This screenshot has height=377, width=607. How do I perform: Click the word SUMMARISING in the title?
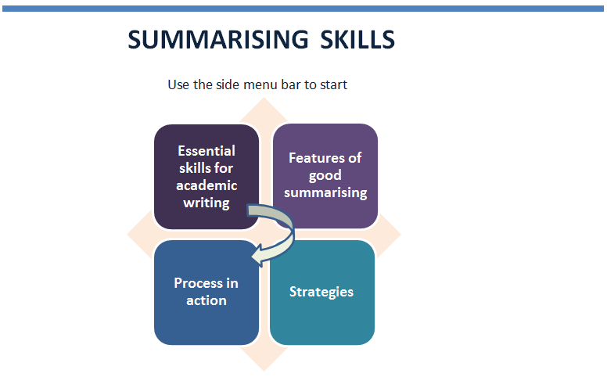(x=218, y=39)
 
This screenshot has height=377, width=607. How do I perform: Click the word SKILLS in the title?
(x=357, y=39)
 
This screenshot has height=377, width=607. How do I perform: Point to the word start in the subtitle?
(x=333, y=84)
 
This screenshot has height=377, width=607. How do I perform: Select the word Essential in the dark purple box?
(x=207, y=151)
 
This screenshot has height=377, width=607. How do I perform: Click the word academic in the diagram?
(x=207, y=185)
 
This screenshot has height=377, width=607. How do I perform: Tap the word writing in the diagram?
(x=207, y=203)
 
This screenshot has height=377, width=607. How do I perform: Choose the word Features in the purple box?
(x=314, y=158)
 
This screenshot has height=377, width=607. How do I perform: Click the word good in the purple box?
(x=325, y=176)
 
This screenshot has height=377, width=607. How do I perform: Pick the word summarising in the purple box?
(x=325, y=192)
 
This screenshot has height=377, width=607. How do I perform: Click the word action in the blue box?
(x=207, y=301)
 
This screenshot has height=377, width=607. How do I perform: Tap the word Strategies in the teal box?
(x=321, y=292)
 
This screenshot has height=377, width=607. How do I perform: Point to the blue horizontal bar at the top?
(x=303, y=9)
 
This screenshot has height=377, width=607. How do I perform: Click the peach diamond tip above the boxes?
(x=264, y=99)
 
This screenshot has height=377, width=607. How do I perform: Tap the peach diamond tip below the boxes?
(x=264, y=370)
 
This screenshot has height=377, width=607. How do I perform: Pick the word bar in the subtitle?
(x=291, y=84)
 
